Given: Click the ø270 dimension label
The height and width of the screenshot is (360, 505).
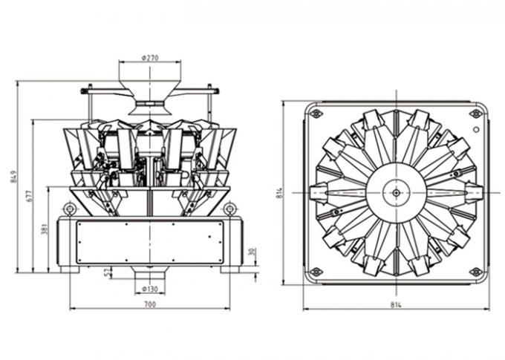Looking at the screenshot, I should coord(149,56).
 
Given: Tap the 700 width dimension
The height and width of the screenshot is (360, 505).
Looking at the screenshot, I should coord(149,304).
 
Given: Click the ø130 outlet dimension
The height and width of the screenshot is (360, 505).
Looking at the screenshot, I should coord(150,289).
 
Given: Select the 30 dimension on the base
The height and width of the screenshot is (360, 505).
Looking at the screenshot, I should coord(252,252).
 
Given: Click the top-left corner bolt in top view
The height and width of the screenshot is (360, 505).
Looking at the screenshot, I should coord(316,114).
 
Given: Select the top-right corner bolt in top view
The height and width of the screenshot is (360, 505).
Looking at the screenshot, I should coord(475,114).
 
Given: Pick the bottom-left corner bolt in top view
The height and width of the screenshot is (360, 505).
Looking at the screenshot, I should coord(316,272).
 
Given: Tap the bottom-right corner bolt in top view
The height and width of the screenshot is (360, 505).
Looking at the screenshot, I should coord(475,272).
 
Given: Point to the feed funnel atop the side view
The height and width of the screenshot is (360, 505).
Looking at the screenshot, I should coord(149,82).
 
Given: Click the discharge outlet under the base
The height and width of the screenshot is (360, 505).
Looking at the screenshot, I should coord(149,275).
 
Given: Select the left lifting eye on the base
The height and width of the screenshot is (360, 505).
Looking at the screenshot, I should coord(70,209).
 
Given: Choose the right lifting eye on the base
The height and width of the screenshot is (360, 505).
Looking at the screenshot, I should coord(231,209).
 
